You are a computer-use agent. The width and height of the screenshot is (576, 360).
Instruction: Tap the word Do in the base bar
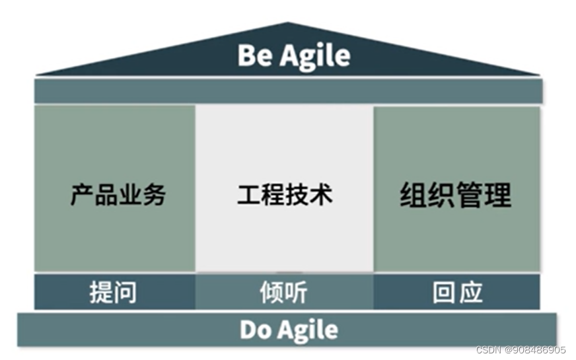254,329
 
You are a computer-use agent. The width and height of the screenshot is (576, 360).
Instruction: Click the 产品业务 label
118,194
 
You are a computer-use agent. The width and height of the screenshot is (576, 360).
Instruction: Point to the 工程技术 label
285,194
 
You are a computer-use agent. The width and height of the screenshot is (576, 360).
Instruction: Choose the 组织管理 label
456,195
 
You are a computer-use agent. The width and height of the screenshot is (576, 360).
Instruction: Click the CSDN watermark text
489,349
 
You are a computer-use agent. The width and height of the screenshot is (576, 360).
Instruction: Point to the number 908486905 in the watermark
537,349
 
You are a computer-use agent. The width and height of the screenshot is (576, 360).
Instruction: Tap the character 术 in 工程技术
321,194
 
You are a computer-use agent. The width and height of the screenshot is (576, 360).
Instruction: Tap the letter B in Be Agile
246,55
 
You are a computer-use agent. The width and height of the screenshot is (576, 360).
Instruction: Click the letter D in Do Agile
247,329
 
